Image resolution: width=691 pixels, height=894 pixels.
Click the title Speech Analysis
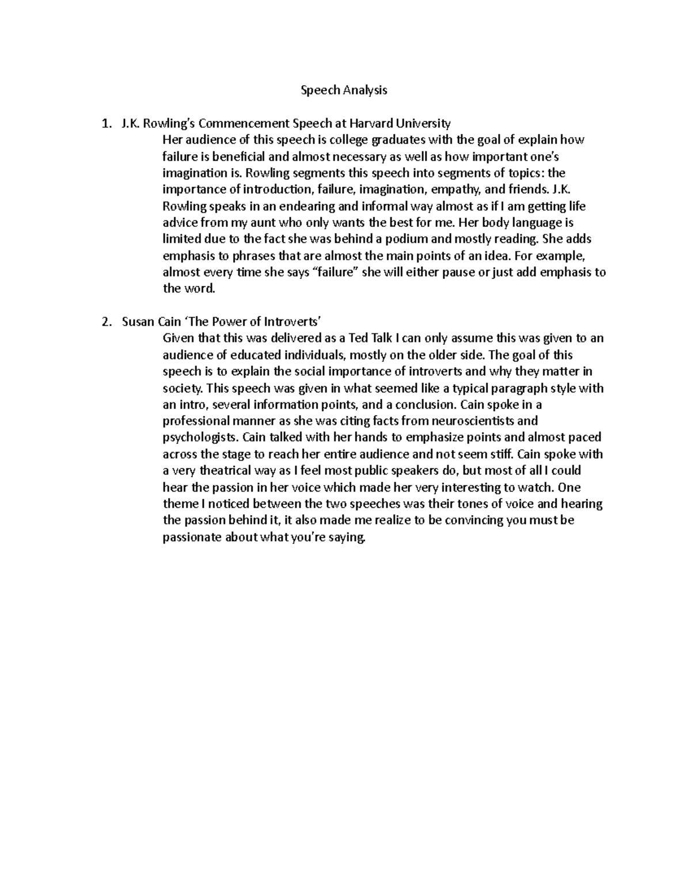[345, 90]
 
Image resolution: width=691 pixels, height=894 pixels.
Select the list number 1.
[104, 123]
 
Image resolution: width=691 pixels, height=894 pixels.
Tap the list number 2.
[104, 322]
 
